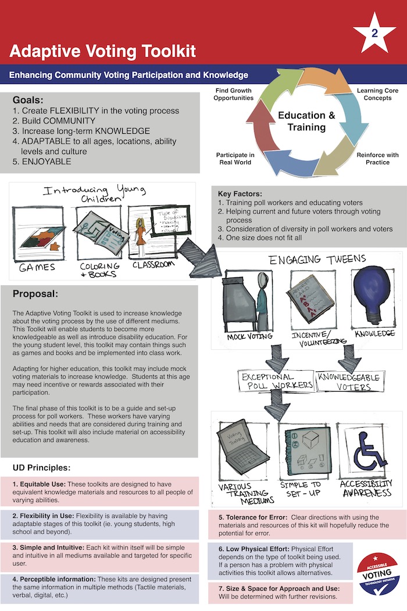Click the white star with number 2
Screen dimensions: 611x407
(x=374, y=33)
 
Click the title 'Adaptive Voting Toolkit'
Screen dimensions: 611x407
(x=102, y=51)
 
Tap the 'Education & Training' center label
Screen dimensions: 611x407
(x=306, y=120)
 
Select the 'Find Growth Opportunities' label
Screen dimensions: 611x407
(x=233, y=94)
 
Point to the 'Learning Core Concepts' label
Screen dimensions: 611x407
(x=377, y=95)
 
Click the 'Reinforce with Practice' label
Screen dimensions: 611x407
(x=377, y=159)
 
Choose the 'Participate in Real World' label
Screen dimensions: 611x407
(x=235, y=159)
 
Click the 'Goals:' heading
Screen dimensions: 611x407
(x=28, y=100)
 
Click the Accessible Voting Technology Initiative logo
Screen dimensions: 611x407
(x=377, y=574)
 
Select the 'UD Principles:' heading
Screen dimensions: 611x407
(x=41, y=467)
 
